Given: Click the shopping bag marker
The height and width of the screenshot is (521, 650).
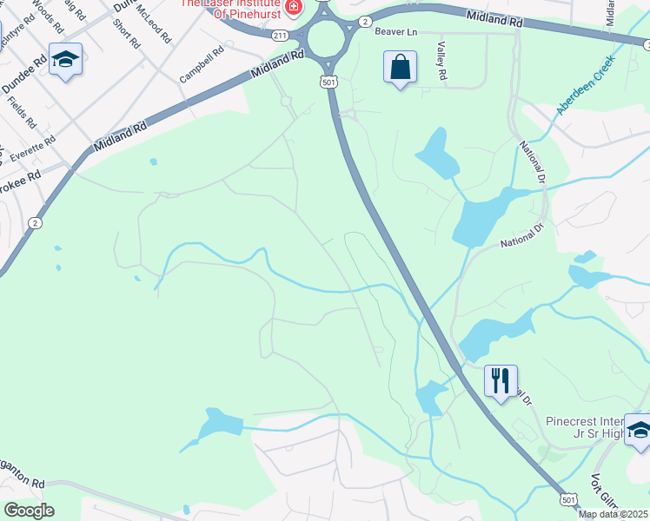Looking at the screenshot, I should pos(400,68).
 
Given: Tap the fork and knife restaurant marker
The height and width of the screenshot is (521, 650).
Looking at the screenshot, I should pos(501,381).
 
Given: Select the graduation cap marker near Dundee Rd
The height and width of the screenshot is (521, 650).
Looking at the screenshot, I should pos(65,60).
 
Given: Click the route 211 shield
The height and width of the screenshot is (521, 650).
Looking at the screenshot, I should pos(279,36).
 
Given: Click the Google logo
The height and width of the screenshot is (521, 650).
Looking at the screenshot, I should pos(29,511).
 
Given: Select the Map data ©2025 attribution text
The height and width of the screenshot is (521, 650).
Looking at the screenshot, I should pos(612,514).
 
